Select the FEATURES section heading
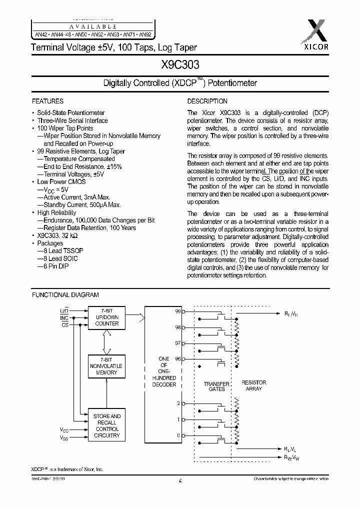coord(47,101)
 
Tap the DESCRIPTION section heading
coord(207,101)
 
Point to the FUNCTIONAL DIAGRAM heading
coord(65,295)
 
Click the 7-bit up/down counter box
coord(107,317)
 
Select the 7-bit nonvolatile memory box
coord(107,366)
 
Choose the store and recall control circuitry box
coord(107,425)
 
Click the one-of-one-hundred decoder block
coord(164,372)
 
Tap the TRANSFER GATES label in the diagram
coord(216,387)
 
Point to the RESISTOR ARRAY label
coord(254,385)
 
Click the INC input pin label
coord(64,318)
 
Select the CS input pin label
coord(65,324)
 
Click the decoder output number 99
coord(177,310)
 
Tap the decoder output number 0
coord(178,435)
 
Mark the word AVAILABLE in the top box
coord(93,26)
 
